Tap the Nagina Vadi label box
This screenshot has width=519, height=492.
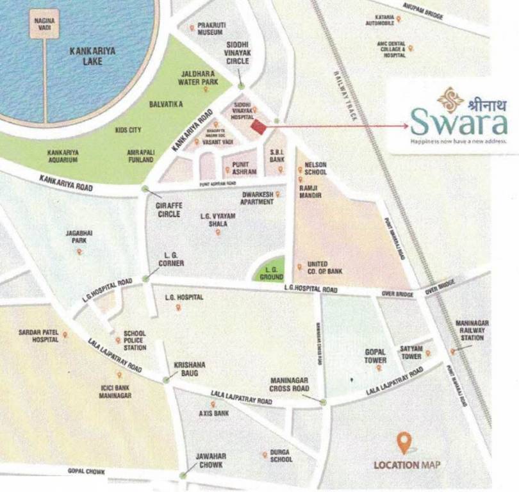click(44, 25)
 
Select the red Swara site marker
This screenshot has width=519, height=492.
click(258, 127)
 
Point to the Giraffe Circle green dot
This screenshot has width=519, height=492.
click(146, 188)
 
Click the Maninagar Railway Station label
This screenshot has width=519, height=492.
click(472, 330)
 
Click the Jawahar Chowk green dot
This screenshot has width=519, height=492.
click(183, 475)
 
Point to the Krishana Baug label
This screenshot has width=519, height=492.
click(190, 369)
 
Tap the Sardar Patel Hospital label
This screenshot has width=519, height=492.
click(38, 335)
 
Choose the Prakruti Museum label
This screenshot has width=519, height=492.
click(211, 28)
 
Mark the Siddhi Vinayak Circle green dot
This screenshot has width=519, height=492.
click(240, 86)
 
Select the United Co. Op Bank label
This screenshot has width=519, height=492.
click(325, 268)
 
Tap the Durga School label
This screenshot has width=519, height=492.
click(281, 455)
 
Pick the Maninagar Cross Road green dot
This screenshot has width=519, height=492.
click(323, 402)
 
